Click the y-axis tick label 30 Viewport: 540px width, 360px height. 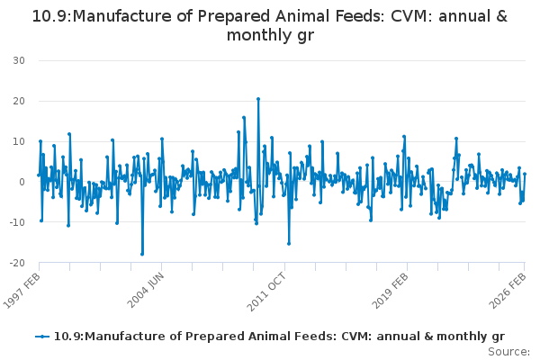pos(18,60)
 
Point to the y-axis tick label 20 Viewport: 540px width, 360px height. pos(18,101)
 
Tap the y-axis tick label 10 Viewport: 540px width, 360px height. pos(18,141)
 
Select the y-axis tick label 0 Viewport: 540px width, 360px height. pos(21,182)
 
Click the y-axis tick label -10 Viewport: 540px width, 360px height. pos(16,222)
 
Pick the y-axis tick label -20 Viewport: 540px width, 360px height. pos(16,263)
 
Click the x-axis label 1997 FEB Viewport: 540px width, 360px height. pos(22,290)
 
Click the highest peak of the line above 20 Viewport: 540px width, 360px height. pos(258,99)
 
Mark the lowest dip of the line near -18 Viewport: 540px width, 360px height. pos(141,254)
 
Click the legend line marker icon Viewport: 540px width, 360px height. pos(42,337)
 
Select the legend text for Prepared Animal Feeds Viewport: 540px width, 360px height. pos(279,337)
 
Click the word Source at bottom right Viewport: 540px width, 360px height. pos(508,351)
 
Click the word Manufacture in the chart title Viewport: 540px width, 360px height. pos(117,16)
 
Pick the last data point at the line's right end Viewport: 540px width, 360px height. pos(525,174)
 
